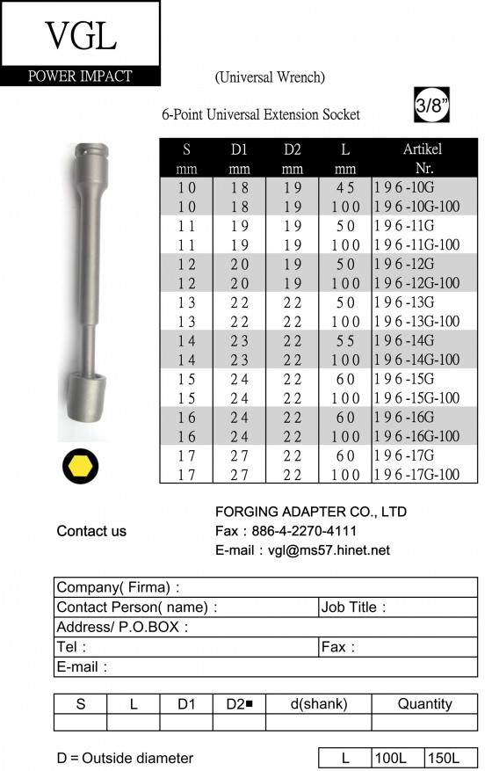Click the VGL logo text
click(81, 36)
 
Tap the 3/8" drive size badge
click(431, 105)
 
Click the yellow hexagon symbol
click(80, 467)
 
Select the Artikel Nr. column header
click(423, 158)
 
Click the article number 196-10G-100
click(416, 207)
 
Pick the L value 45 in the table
click(345, 187)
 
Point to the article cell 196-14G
click(404, 341)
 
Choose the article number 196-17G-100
click(416, 475)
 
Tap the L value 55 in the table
click(345, 341)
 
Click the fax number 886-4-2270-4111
click(304, 531)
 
